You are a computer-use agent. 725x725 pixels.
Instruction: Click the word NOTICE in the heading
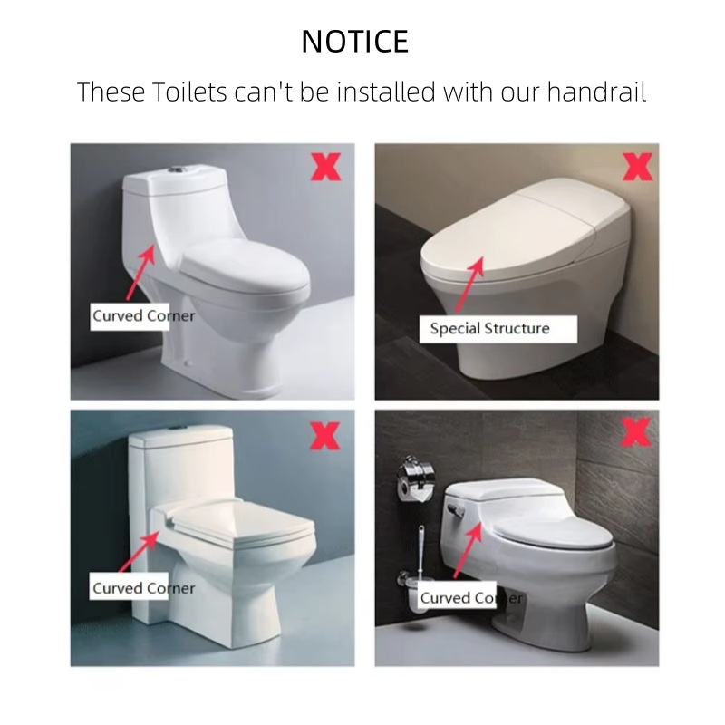pyautogui.click(x=354, y=41)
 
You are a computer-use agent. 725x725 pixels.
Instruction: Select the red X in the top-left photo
pyautogui.click(x=326, y=167)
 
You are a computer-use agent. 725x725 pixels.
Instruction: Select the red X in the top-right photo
pyautogui.click(x=639, y=167)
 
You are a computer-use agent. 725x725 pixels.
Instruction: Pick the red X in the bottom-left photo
pyautogui.click(x=325, y=434)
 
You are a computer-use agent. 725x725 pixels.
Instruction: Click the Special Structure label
pyautogui.click(x=489, y=328)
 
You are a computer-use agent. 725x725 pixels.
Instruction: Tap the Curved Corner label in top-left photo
pyautogui.click(x=143, y=316)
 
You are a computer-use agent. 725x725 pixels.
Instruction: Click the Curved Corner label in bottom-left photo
pyautogui.click(x=143, y=588)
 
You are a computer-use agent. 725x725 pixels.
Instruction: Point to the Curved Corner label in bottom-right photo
pyautogui.click(x=470, y=597)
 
